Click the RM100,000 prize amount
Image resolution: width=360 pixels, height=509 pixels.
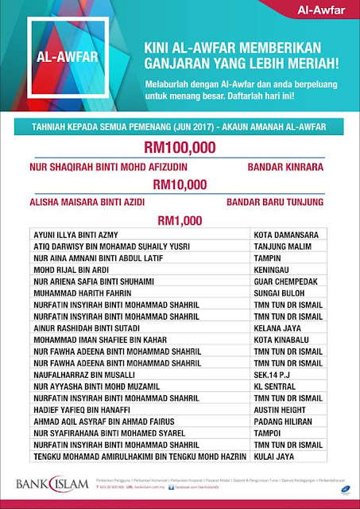click(x=180, y=148)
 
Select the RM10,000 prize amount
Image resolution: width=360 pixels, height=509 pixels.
click(x=180, y=185)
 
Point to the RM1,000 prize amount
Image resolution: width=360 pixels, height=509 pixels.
click(x=180, y=220)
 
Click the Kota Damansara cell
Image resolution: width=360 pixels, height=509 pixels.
click(x=285, y=235)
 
